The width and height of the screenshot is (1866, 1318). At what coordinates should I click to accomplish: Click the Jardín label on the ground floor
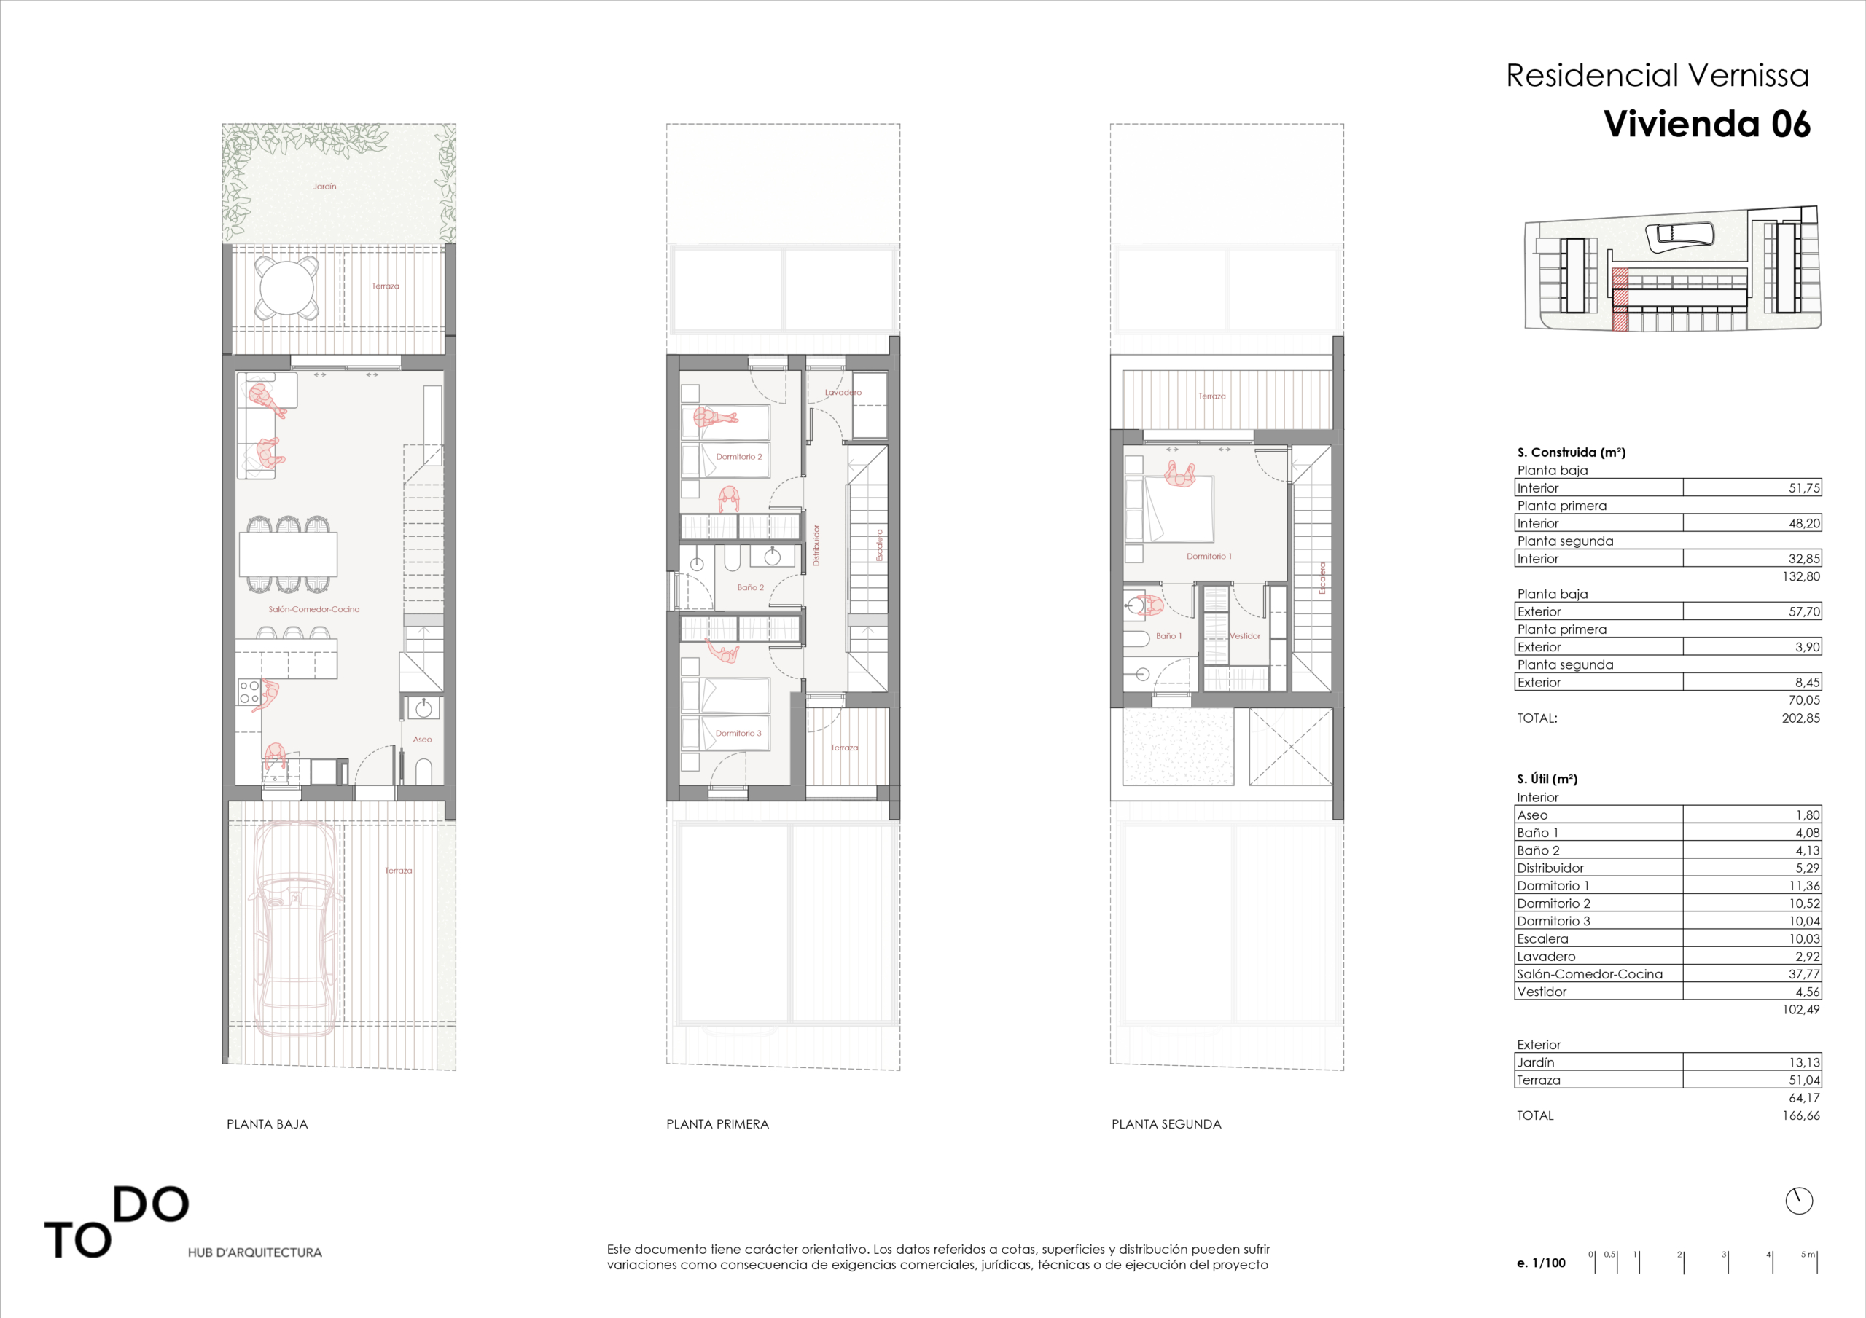click(x=324, y=186)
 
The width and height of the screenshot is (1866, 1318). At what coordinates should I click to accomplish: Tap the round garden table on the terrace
click(x=286, y=287)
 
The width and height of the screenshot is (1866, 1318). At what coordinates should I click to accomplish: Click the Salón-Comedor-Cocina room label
click(x=313, y=608)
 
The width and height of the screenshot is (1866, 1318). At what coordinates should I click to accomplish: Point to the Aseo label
click(x=422, y=740)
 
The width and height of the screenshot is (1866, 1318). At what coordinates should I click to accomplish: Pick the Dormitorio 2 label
click(x=739, y=457)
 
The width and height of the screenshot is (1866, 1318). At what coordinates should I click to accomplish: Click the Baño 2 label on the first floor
click(x=750, y=587)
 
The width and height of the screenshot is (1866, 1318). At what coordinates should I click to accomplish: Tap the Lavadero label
click(x=843, y=392)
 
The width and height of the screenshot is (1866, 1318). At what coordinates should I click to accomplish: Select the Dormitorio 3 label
click(x=738, y=733)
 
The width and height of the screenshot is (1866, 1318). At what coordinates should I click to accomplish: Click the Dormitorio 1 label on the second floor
click(x=1209, y=556)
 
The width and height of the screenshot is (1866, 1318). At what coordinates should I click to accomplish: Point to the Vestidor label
click(x=1244, y=635)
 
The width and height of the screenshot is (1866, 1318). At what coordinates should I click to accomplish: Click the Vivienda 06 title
click(x=1706, y=124)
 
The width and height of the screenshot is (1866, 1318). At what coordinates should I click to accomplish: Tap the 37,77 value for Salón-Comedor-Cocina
click(x=1804, y=973)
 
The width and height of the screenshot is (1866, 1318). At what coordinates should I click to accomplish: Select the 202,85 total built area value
click(x=1801, y=718)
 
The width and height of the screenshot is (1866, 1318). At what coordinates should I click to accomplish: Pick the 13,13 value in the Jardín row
click(x=1804, y=1062)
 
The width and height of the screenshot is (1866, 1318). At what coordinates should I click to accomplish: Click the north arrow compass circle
click(x=1798, y=1200)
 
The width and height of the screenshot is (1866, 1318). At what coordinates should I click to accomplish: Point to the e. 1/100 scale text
click(x=1541, y=1263)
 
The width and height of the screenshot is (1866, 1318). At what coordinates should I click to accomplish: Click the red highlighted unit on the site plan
click(x=1620, y=300)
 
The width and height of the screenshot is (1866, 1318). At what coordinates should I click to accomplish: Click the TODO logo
click(x=116, y=1222)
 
